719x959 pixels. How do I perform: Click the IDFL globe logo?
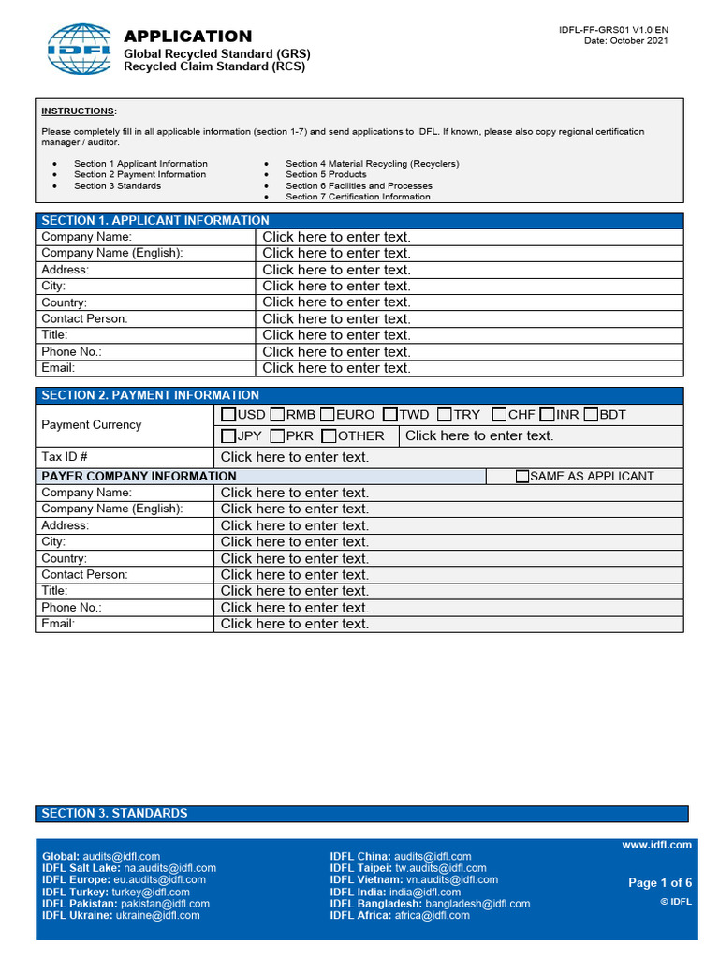tap(80, 50)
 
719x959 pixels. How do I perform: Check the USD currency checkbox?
tap(228, 415)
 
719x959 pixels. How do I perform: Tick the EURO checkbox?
tap(327, 415)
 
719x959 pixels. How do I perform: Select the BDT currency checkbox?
tap(591, 415)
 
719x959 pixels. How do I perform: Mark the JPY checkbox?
tap(228, 436)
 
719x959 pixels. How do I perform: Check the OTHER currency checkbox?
tap(329, 436)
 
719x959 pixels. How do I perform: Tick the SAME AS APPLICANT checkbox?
tap(522, 477)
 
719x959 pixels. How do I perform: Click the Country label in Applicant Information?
tap(64, 302)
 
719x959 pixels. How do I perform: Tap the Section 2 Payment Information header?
tap(150, 395)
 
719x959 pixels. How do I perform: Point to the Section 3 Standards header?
tap(114, 814)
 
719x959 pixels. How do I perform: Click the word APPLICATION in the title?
tap(188, 37)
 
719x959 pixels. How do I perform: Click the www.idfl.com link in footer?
tap(656, 845)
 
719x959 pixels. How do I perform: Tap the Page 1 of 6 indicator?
tap(659, 883)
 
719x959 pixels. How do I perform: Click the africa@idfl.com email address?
tap(432, 916)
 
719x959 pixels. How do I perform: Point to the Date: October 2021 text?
tap(626, 41)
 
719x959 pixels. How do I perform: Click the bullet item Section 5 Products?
tap(326, 174)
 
